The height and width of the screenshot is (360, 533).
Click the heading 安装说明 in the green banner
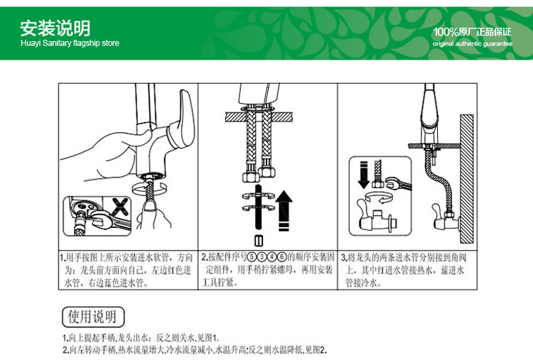55,28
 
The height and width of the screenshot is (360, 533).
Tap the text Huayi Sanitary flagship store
70,43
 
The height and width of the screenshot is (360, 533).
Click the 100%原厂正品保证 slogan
472,32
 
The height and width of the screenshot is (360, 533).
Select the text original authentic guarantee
473,43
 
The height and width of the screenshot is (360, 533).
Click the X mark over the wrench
120,207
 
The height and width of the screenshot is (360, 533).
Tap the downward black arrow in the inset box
364,175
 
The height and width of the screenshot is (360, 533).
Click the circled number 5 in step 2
251,257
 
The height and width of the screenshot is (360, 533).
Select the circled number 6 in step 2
282,257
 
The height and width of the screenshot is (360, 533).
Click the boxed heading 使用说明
93,317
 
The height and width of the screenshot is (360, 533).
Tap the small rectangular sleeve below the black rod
259,241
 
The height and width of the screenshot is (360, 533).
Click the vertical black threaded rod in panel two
259,208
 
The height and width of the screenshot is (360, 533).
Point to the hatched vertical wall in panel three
467,179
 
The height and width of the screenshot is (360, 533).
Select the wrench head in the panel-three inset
392,182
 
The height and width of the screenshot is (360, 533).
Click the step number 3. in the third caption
344,257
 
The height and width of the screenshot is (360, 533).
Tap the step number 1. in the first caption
63,257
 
